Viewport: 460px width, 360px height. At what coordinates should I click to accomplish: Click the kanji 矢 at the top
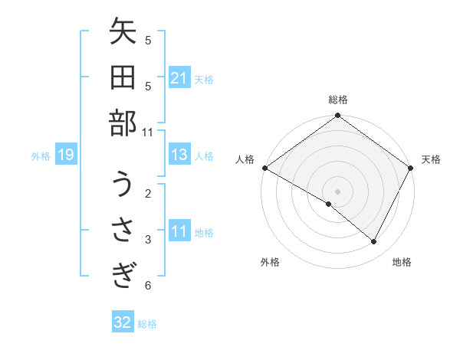point(123,34)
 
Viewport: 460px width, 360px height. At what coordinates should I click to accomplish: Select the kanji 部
point(123,123)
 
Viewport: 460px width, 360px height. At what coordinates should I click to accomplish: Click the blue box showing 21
point(179,78)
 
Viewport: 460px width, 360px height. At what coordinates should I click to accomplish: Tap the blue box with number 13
point(179,155)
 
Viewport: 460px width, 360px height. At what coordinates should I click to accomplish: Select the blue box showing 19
point(65,155)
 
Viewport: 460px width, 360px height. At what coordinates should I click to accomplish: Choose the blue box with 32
point(123,322)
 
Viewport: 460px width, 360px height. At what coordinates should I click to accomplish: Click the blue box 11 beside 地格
point(179,232)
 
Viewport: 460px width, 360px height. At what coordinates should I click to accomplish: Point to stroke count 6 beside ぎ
point(148,286)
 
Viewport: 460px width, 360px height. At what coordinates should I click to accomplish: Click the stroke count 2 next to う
point(148,193)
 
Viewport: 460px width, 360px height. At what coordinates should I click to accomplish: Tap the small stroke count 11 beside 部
point(148,132)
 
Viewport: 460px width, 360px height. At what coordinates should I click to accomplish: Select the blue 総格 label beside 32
point(147,323)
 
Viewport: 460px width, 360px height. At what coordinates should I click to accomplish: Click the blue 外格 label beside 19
point(41,156)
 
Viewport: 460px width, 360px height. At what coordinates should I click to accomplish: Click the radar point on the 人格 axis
point(264,168)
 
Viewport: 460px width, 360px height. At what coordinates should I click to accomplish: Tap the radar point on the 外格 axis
point(329,205)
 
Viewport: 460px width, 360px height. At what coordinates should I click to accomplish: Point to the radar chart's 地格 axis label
point(402,262)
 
